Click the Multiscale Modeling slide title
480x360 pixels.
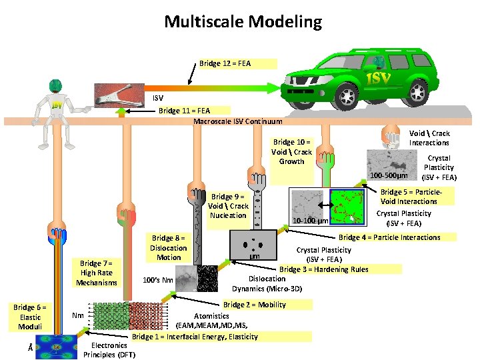coord(243,22)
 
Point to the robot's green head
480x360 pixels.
coord(57,87)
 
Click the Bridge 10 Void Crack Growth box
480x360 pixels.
coord(291,151)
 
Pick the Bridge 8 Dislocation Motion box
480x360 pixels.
coord(168,247)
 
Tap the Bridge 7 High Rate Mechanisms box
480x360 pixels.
coord(96,273)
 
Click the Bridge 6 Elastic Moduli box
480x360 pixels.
coord(29,317)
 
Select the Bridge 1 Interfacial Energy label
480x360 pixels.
coord(195,337)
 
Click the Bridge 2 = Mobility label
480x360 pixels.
coord(254,305)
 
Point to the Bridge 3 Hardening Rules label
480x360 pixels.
coord(324,269)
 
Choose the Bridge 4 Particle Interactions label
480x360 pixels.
coord(389,237)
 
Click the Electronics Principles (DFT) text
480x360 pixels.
coord(109,350)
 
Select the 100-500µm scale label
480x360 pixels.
coord(389,175)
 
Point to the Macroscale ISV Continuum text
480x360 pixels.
coord(237,121)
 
